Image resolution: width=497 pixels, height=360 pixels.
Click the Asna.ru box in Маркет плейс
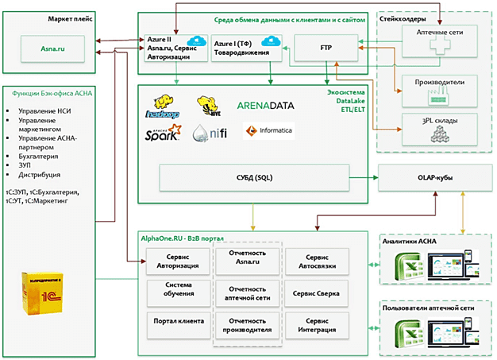coord(54,48)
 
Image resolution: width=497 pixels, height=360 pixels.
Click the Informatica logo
coord(272,130)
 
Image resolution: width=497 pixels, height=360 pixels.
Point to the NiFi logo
coord(211,134)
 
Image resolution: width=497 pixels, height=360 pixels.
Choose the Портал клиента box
coord(177,321)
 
